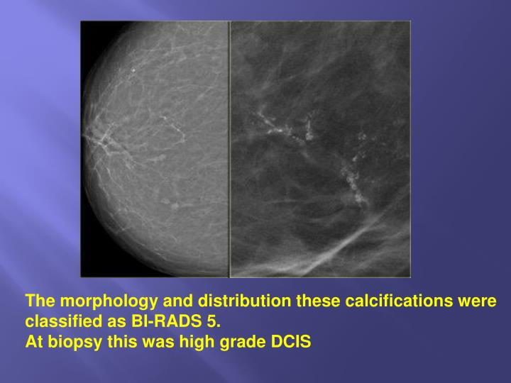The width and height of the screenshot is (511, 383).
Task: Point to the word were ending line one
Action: coord(477,301)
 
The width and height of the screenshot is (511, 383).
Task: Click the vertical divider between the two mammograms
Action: coord(229,149)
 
